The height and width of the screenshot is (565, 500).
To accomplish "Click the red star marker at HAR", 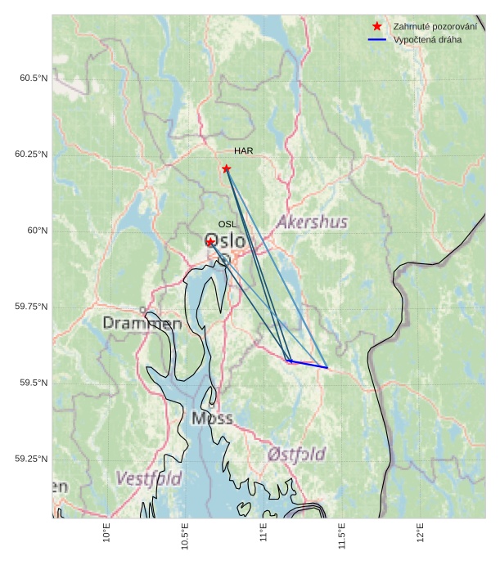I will [x=226, y=168].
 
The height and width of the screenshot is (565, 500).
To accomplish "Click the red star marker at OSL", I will [x=210, y=242].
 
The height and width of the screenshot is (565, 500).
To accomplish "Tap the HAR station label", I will [x=243, y=151].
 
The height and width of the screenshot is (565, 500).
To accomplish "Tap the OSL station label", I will [x=227, y=224].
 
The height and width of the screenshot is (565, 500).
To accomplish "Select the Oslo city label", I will [x=224, y=241].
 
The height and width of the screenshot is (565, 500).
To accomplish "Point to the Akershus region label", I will [x=312, y=222].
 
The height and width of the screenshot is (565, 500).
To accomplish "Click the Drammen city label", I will [x=142, y=324].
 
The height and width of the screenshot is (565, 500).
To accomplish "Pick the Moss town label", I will [x=212, y=419].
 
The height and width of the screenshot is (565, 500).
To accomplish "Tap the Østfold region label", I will [x=296, y=454].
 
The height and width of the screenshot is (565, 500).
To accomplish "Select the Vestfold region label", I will [x=148, y=478].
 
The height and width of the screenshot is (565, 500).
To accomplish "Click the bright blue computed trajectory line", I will [x=308, y=364].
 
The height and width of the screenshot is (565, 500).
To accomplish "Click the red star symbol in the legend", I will [x=376, y=27].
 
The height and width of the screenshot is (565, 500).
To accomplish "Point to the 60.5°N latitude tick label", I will [x=34, y=78].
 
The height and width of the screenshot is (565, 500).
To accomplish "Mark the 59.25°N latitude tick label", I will [x=31, y=459].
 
